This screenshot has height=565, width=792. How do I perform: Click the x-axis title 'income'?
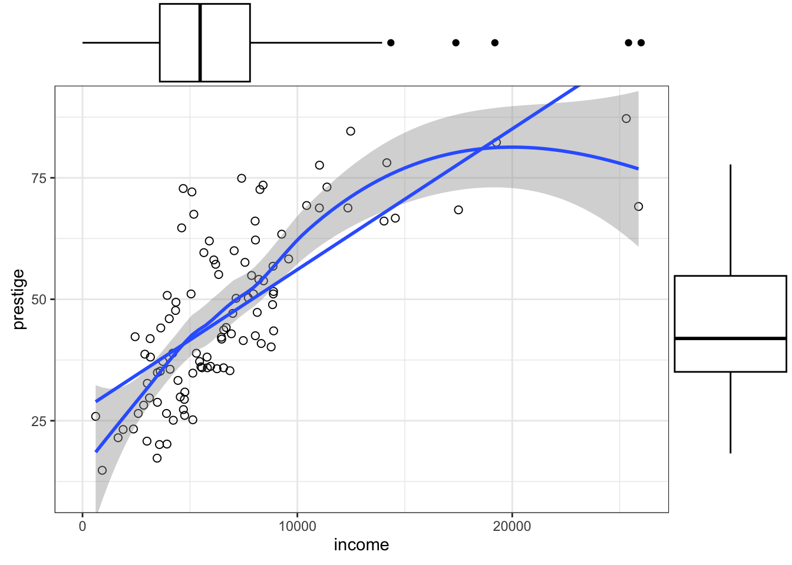click(x=361, y=545)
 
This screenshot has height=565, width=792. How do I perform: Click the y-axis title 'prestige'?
click(x=19, y=299)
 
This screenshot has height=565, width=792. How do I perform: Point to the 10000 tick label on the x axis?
click(x=297, y=527)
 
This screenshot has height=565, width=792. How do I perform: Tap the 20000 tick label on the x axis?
click(x=511, y=527)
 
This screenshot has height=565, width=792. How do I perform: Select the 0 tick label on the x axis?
click(x=82, y=527)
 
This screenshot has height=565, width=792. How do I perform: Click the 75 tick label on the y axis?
click(x=39, y=178)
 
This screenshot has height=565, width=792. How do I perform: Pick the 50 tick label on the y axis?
click(x=39, y=299)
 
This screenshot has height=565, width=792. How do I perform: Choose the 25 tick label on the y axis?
click(x=39, y=421)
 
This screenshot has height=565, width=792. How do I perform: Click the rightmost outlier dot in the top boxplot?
click(x=641, y=42)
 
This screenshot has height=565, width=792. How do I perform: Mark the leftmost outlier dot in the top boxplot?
click(x=391, y=42)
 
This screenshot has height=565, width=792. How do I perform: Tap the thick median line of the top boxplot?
click(x=200, y=42)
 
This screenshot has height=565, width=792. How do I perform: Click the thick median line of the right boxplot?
click(x=730, y=338)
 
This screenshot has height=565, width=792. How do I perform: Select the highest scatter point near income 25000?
click(x=626, y=118)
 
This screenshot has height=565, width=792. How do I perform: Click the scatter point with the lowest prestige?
click(x=102, y=470)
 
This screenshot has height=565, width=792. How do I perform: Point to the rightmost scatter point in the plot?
click(x=638, y=207)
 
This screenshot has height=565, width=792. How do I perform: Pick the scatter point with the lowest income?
click(x=95, y=416)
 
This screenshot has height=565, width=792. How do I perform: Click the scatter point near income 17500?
click(x=458, y=210)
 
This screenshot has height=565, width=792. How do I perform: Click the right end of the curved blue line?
click(x=638, y=169)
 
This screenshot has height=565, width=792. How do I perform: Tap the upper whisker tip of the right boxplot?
click(x=730, y=165)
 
